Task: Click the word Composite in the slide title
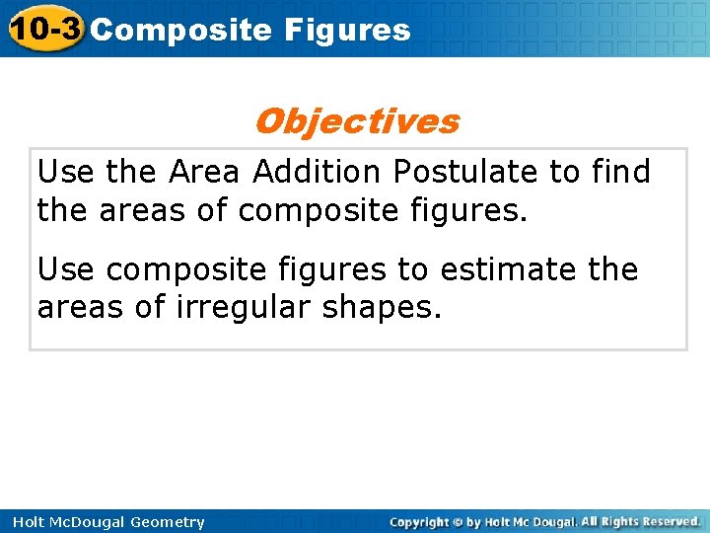tap(180, 30)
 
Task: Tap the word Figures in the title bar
tap(347, 30)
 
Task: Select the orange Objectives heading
tap(356, 121)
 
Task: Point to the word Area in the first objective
tap(204, 172)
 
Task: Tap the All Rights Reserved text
tap(641, 521)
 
